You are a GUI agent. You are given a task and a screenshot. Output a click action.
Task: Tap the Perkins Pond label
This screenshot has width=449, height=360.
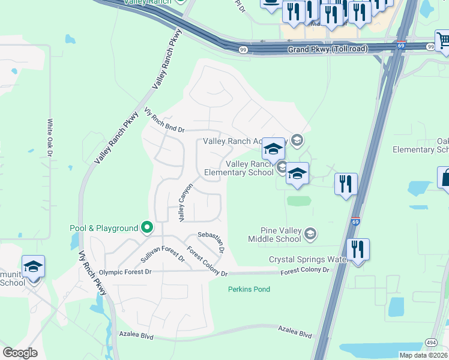pos(249,289)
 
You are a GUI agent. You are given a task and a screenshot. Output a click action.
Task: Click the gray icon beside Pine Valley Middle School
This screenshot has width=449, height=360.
pos(310,233)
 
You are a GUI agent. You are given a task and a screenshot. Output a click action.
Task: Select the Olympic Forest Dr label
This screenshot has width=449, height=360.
pos(125,272)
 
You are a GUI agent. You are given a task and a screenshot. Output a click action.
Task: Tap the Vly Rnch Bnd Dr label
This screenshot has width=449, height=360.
pos(164,121)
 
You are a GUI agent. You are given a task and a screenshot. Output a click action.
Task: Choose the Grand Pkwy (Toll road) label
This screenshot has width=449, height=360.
pos(327,50)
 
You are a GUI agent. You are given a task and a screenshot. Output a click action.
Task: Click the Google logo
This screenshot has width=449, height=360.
pos(20,353)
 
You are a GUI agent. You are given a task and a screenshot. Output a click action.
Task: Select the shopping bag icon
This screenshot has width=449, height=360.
pos(445,178)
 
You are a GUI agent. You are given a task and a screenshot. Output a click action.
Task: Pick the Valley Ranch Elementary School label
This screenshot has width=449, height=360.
pos(239,168)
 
